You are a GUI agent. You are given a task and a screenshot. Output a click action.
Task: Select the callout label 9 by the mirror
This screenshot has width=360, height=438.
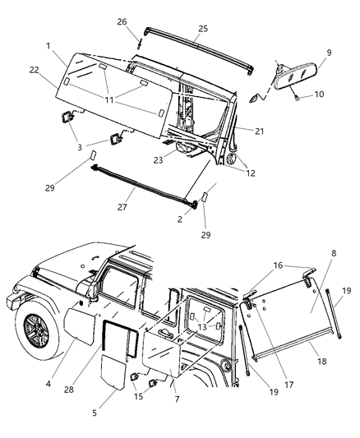(x=306, y=52)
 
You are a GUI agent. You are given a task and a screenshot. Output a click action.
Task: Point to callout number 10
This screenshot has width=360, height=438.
(x=320, y=95)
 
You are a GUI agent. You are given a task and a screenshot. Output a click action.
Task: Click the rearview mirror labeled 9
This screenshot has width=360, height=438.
(x=286, y=81)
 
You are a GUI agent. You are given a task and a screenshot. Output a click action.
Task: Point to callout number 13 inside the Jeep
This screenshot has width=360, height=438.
(x=202, y=326)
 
